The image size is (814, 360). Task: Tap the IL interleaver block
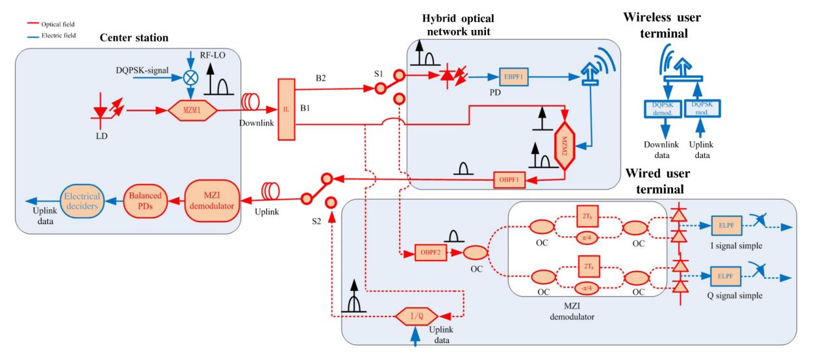click(x=286, y=109)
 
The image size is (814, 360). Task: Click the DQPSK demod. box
click(x=663, y=108)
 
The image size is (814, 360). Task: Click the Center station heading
click(x=134, y=38)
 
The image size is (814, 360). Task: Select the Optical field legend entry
click(x=57, y=24)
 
